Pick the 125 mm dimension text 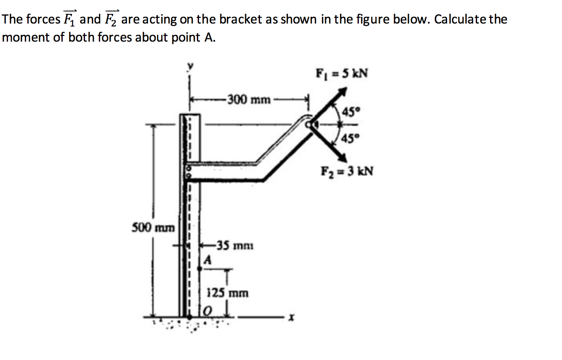point(228,292)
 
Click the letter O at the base point(207,312)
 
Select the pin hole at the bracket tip point(310,124)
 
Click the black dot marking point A point(199,267)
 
